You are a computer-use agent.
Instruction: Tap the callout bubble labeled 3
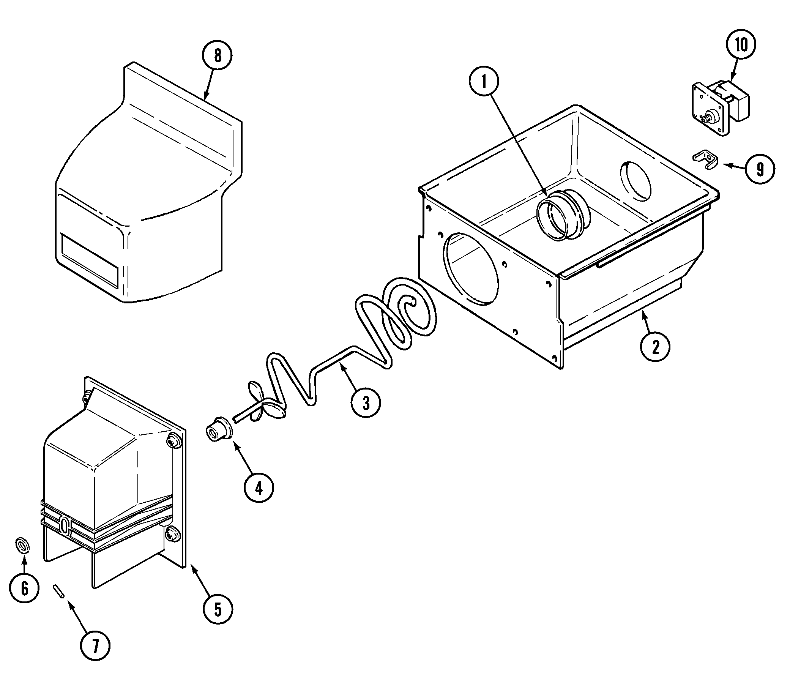tap(366, 403)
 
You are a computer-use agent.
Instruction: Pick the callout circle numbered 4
tap(259, 489)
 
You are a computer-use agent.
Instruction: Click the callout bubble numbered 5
tap(218, 609)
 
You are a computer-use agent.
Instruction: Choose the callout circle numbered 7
tap(95, 645)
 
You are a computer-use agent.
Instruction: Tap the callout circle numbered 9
tap(760, 169)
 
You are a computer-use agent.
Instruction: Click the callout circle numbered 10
tap(741, 45)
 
